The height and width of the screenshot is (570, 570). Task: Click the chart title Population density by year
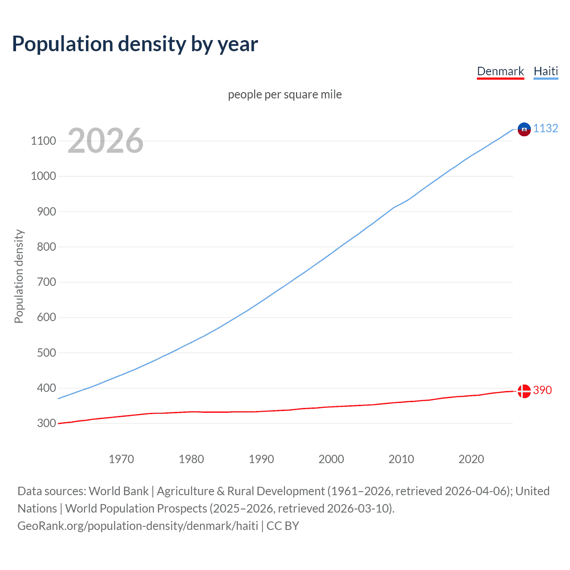[135, 44]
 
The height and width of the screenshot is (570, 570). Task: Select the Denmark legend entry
[500, 71]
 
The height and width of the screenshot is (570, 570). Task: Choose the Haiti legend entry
[546, 71]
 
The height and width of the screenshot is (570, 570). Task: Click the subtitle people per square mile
[285, 94]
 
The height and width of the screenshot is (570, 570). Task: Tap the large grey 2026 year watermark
[106, 141]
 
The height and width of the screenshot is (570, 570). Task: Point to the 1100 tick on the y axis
[43, 141]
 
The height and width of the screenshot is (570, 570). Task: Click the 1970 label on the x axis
[121, 459]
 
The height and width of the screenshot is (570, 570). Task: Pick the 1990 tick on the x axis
[261, 459]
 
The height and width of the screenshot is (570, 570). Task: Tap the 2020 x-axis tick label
[471, 459]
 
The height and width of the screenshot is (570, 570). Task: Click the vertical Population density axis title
[19, 276]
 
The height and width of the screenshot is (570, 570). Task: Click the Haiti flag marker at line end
[524, 129]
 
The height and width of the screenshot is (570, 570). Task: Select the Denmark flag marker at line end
[524, 391]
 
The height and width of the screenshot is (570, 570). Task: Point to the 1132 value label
[546, 128]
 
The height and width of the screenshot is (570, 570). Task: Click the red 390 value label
[542, 390]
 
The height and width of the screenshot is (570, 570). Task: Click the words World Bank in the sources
[118, 491]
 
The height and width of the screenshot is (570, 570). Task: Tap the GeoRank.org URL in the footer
[138, 526]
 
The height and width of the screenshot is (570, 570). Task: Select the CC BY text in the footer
[283, 526]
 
